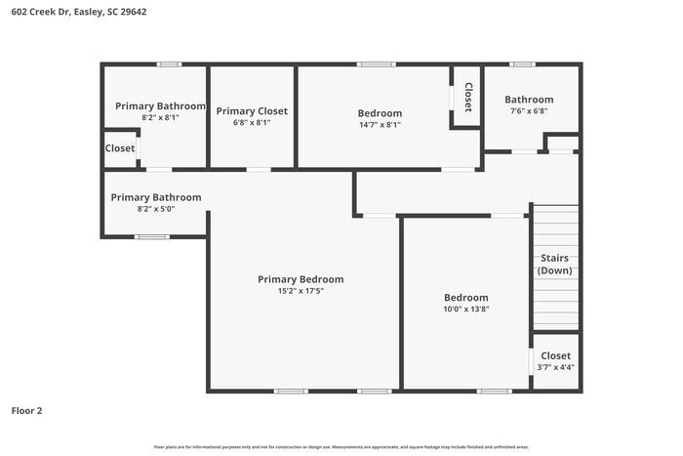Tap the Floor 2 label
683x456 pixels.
coord(26,411)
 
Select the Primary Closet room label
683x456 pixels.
coord(252,111)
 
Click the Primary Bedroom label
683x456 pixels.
coord(301,279)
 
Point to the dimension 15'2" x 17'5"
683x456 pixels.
coord(301,291)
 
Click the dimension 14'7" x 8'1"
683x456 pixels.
coord(380,124)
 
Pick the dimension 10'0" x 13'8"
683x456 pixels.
coord(466,309)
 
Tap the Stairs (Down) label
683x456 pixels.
coord(554,264)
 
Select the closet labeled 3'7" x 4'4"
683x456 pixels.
coord(555,367)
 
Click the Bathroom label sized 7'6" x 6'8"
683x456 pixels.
coord(529,100)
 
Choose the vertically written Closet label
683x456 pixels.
coord(467,97)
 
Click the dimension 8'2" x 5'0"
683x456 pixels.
coord(156,208)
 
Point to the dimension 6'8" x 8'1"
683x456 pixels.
coord(252,123)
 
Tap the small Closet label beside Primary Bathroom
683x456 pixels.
coord(120,148)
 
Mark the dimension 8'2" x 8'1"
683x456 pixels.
coord(160,117)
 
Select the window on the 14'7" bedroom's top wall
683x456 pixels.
coord(376,64)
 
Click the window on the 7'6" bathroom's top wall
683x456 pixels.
coord(522,64)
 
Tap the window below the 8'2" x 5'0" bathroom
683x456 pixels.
coord(151,237)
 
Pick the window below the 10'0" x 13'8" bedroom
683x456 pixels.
coord(494,392)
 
